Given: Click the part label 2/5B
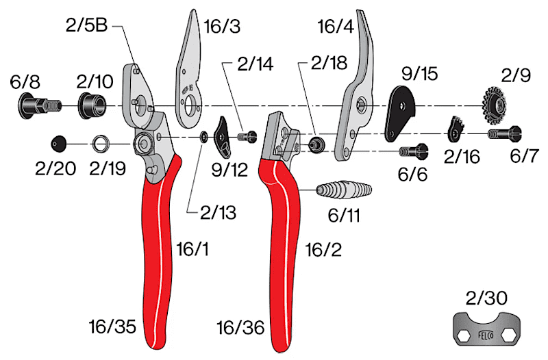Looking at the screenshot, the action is [x=86, y=25].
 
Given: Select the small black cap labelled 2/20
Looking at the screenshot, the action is [x=58, y=144].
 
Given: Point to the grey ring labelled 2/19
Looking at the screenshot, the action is [x=101, y=144].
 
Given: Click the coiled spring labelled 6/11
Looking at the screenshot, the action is [x=344, y=190].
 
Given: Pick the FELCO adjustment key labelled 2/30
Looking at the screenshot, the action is [x=486, y=329].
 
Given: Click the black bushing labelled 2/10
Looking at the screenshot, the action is [x=92, y=105].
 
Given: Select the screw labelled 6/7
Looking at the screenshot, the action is [x=505, y=133].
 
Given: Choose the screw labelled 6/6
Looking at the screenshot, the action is [x=414, y=151].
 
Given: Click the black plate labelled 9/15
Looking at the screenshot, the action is [x=401, y=114].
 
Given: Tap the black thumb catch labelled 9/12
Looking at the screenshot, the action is [x=223, y=138].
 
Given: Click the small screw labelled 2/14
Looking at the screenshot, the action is [x=247, y=136].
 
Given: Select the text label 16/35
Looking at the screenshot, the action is [x=112, y=327].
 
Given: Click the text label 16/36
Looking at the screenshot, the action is [x=240, y=328].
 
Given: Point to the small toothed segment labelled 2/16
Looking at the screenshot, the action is [x=456, y=130].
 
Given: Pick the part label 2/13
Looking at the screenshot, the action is [x=218, y=212].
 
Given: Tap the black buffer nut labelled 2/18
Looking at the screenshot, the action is [x=316, y=144].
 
